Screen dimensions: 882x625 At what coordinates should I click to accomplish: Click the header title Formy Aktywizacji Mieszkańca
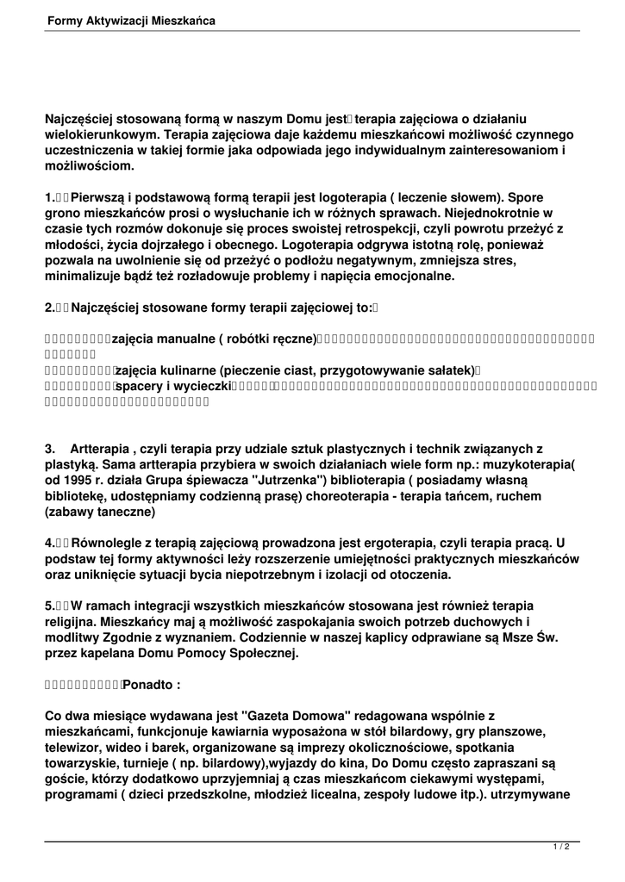click(x=132, y=19)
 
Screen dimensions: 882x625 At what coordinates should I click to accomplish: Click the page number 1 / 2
click(x=560, y=847)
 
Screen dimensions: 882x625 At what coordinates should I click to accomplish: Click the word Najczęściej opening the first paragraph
click(x=84, y=119)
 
